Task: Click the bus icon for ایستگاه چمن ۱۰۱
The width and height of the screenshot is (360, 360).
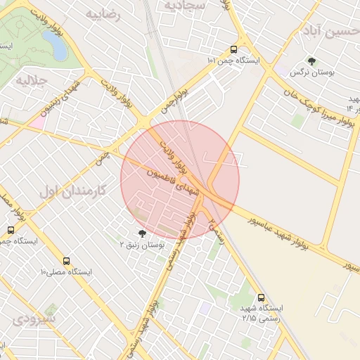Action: pos(233,50)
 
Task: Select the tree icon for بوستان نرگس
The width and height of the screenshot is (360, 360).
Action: pos(311,62)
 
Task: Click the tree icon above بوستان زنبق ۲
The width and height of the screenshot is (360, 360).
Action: pos(143,233)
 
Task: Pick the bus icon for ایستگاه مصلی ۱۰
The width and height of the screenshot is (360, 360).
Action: pos(66,260)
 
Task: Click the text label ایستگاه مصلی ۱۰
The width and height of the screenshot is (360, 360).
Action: pos(66,271)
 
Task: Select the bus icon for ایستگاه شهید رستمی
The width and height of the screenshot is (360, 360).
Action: pos(262,297)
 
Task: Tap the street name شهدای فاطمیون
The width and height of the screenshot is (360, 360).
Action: pos(174,181)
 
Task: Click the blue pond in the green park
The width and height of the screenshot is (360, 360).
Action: pos(56,46)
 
